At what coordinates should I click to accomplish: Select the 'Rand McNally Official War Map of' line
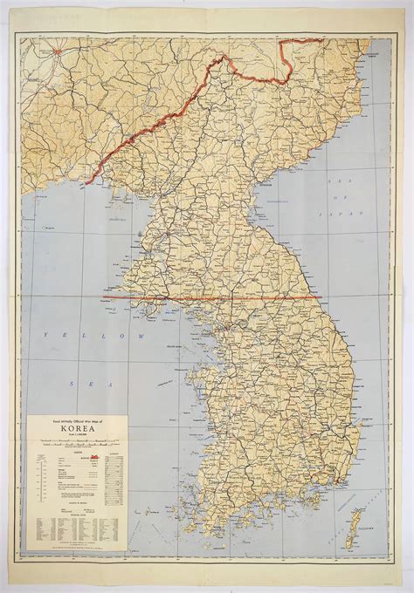tap(77, 420)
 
